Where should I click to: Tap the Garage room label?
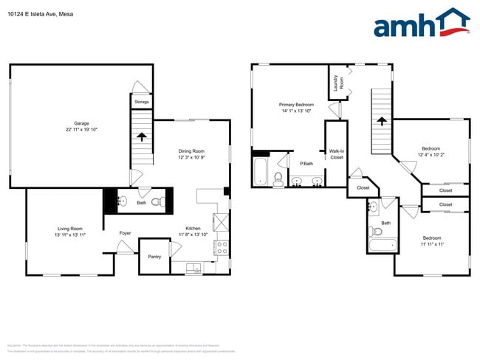(x=80, y=123)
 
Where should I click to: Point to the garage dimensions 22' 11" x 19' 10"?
(x=80, y=130)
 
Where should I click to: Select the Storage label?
(x=142, y=102)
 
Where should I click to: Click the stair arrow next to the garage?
(x=142, y=136)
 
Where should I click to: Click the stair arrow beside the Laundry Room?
(x=381, y=122)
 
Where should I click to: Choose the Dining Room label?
(x=191, y=151)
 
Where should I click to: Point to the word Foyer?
(x=126, y=233)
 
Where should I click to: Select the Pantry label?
(x=154, y=257)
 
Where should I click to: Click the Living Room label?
(x=69, y=229)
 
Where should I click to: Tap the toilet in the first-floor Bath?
(x=157, y=201)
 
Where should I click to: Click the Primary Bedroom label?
(x=296, y=105)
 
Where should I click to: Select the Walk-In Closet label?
(x=337, y=154)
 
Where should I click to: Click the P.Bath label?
(x=306, y=163)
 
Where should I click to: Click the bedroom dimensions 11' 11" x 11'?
(x=432, y=244)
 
